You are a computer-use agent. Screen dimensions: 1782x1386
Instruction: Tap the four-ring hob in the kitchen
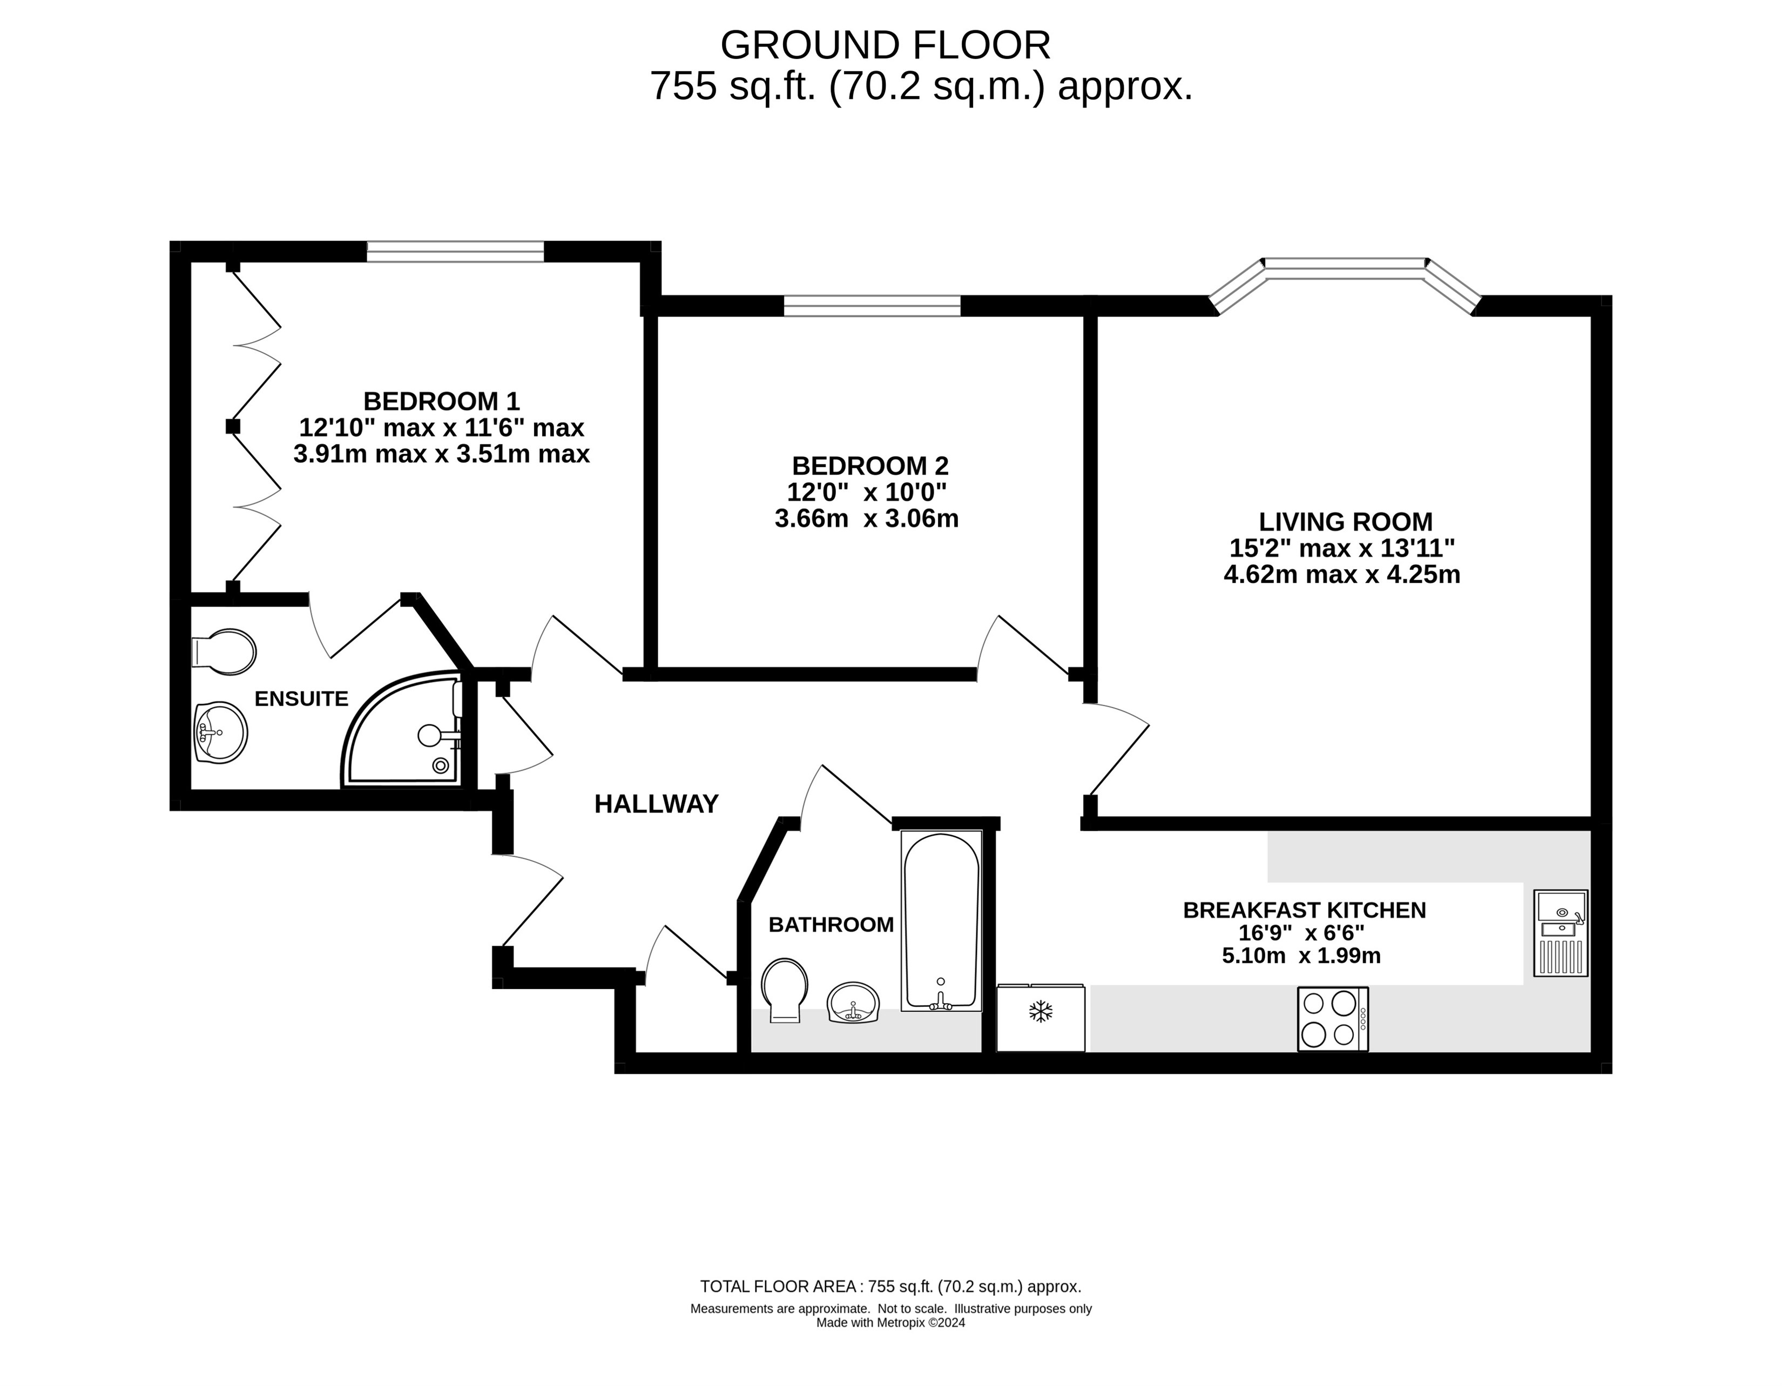pyautogui.click(x=1332, y=1019)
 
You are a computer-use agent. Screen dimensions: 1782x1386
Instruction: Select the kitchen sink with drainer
pyautogui.click(x=1561, y=933)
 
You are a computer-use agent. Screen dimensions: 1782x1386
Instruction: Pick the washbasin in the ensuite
pyautogui.click(x=220, y=732)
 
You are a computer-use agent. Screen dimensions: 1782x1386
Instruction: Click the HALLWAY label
pyautogui.click(x=656, y=804)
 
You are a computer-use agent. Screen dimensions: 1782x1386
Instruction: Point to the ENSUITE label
pyautogui.click(x=301, y=699)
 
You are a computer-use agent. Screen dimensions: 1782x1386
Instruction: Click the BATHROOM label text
pyautogui.click(x=831, y=925)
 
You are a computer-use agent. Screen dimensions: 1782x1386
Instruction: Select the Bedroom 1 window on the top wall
pyautogui.click(x=455, y=251)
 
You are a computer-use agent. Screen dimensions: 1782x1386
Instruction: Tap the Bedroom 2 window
pyautogui.click(x=872, y=305)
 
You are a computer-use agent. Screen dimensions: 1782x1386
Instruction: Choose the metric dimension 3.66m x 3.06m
pyautogui.click(x=867, y=519)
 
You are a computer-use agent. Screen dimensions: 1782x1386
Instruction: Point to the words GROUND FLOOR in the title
pyautogui.click(x=885, y=46)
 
